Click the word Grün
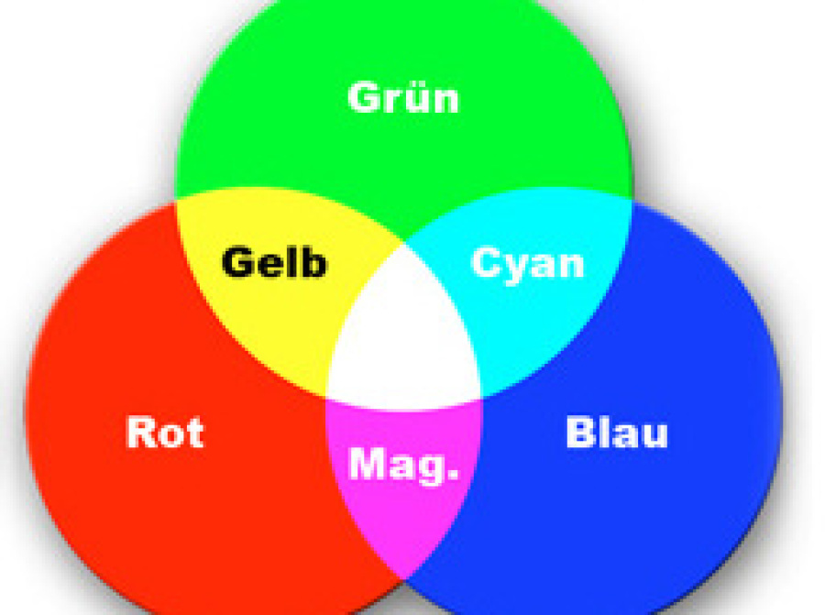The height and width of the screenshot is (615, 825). click(403, 96)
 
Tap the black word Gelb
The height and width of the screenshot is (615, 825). click(274, 263)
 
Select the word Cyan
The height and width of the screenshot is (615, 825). click(527, 264)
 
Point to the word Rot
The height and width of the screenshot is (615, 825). click(165, 432)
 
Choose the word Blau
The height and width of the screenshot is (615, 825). click(617, 432)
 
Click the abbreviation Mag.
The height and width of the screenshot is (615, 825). click(403, 465)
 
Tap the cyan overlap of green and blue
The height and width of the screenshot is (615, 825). click(541, 312)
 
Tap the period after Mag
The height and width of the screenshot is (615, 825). click(451, 477)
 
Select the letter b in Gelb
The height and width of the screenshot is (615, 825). click(313, 262)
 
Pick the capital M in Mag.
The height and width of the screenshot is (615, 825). click(368, 465)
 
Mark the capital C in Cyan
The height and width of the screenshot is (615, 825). click(487, 263)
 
